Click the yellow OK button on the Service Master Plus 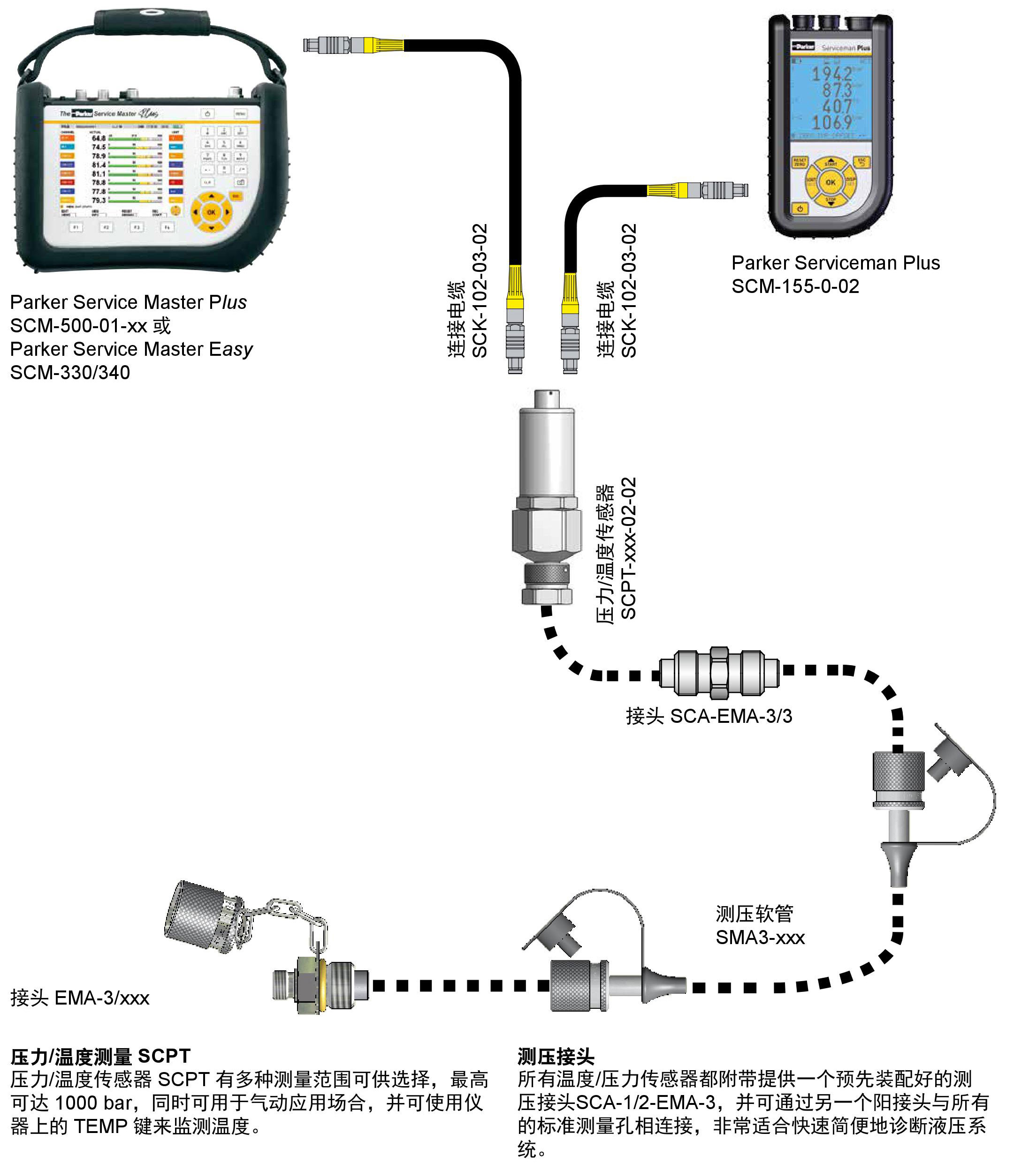coord(211,212)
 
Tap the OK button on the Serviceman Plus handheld coord(830,182)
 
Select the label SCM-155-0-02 coord(795,286)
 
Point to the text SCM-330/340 coord(70,372)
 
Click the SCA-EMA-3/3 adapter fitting coord(719,672)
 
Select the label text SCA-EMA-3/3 coord(731,716)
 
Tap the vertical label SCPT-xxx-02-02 coord(628,548)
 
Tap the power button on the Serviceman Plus coord(800,209)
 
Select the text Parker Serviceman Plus coord(835,263)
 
